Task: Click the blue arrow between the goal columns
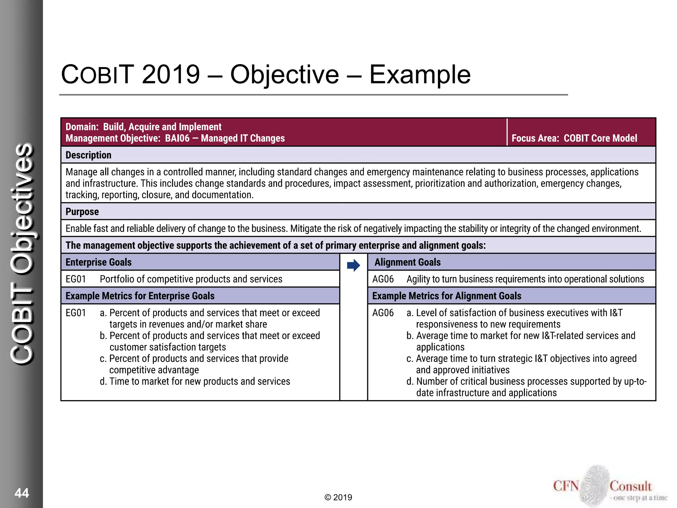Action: coord(353,265)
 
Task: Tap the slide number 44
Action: coord(22,493)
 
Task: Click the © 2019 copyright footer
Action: coord(338,497)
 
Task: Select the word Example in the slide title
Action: coord(419,75)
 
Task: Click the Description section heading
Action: coord(88,155)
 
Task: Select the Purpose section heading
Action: coord(82,212)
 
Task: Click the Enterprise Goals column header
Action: coord(99,262)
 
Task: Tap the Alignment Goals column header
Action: coord(407,262)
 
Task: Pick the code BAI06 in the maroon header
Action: coord(177,138)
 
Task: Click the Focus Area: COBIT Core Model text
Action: coord(574,138)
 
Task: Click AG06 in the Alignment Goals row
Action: coord(383,279)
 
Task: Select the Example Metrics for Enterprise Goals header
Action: coord(140,296)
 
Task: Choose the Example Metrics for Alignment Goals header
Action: coord(447,296)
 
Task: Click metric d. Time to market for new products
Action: coord(195,381)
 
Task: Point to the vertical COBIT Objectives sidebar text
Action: coord(22,254)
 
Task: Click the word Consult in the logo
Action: coord(630,486)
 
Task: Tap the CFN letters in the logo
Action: coord(566,486)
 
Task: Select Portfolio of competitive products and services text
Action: coord(191,279)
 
